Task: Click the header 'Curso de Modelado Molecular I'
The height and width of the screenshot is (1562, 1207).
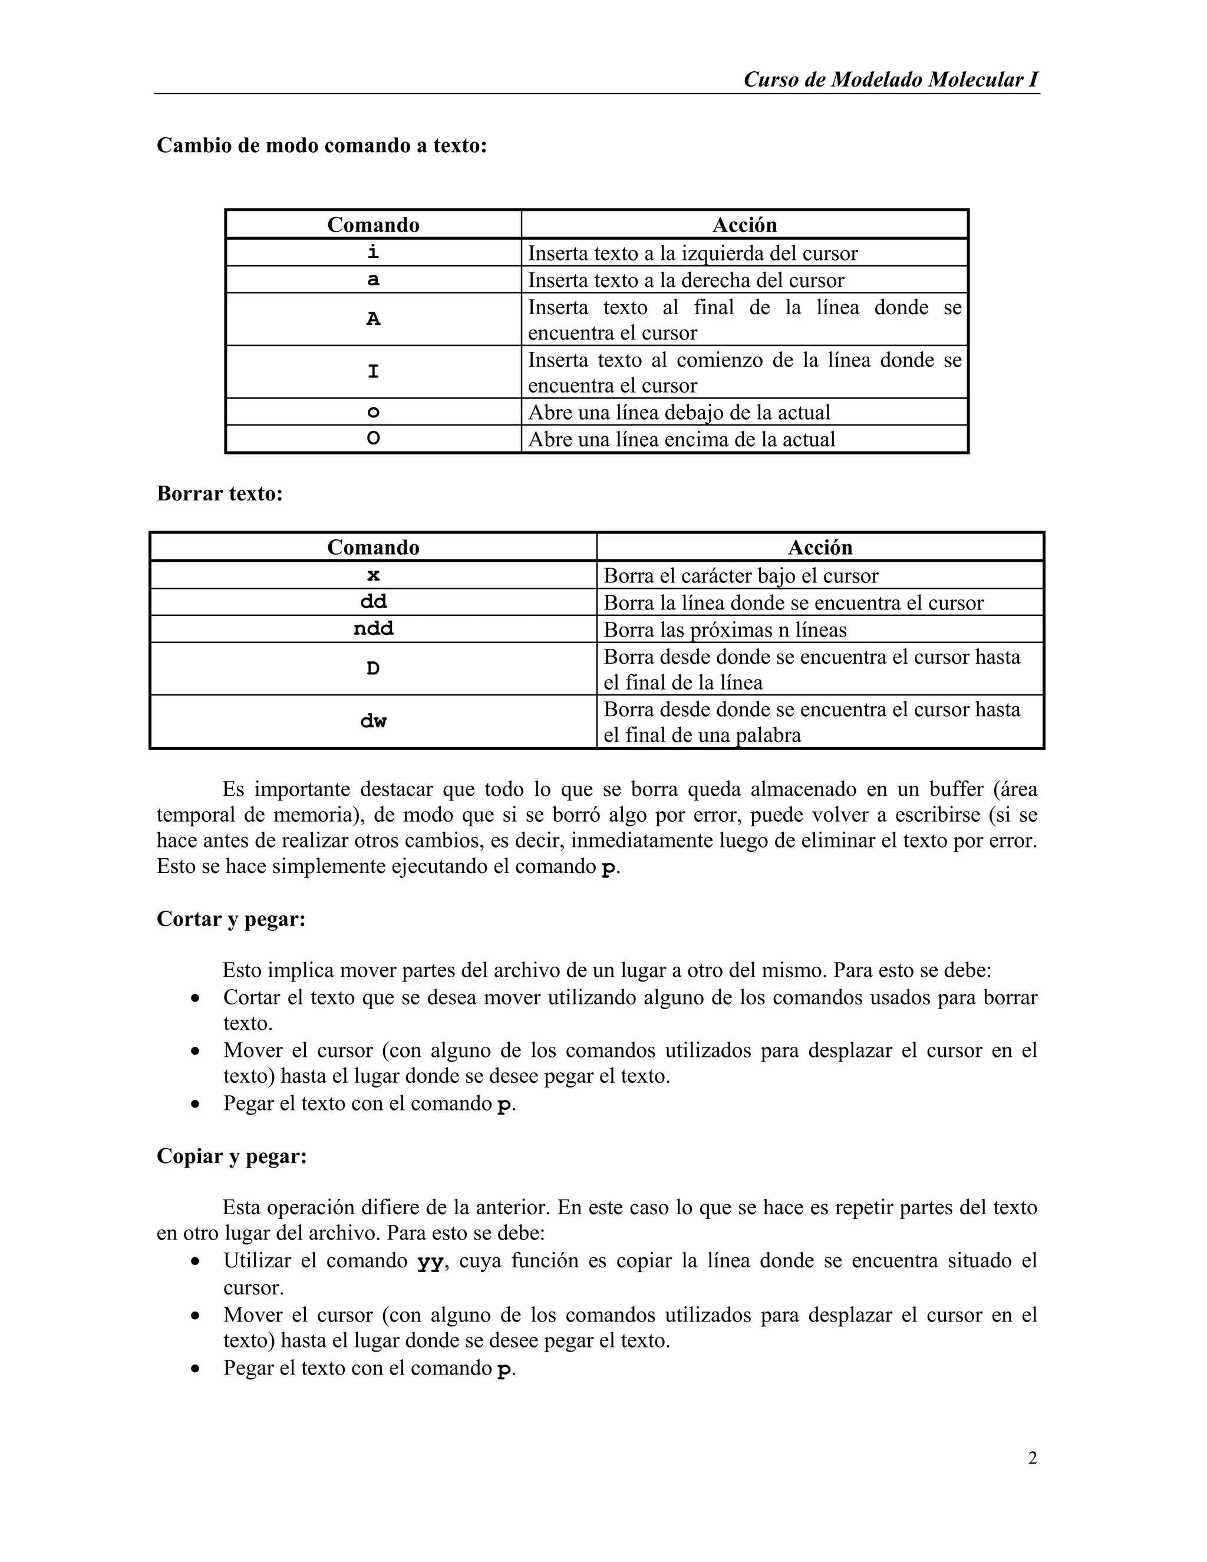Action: (891, 80)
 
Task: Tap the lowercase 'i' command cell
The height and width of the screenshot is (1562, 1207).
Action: (373, 252)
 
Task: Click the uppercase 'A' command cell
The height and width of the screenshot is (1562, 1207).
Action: (373, 319)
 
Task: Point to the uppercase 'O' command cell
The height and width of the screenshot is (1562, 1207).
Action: (373, 439)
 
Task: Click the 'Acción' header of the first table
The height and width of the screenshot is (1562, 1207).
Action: (744, 225)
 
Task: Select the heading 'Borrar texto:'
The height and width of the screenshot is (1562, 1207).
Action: (219, 493)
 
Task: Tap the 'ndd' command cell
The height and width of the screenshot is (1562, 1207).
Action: (373, 629)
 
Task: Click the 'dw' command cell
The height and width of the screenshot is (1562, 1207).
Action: (373, 721)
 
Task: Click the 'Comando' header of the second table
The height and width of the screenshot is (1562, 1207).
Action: (373, 547)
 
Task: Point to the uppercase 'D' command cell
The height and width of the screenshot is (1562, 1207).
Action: (373, 669)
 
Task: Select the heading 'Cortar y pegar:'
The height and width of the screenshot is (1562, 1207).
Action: (231, 919)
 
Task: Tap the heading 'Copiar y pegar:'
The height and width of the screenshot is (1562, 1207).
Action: (232, 1156)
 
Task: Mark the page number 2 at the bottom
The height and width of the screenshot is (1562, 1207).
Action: (1032, 1458)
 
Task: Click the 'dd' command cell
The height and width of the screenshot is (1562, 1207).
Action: (373, 602)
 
